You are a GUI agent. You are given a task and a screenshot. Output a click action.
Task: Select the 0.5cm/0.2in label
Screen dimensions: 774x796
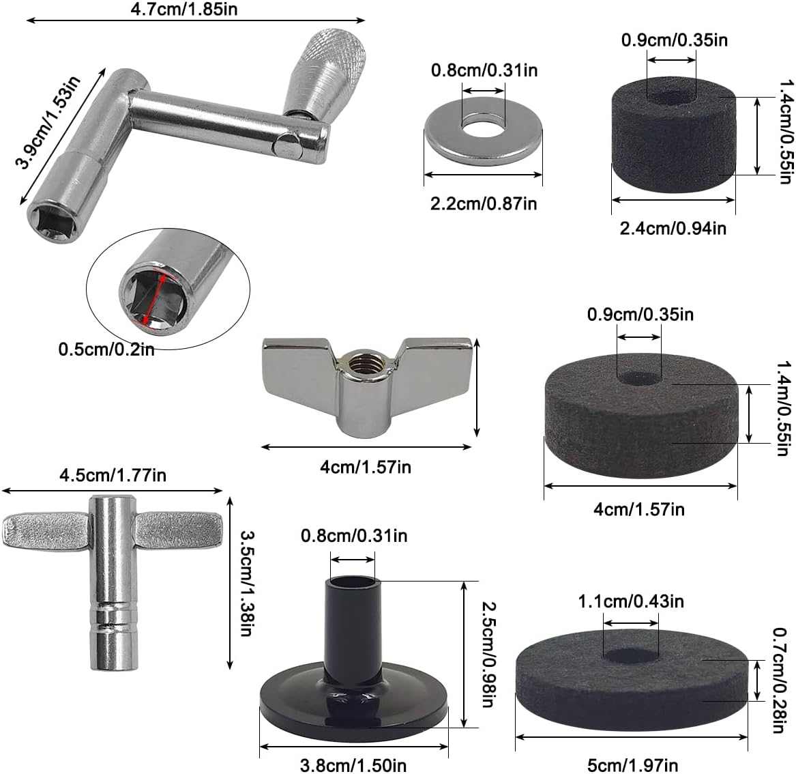click(106, 350)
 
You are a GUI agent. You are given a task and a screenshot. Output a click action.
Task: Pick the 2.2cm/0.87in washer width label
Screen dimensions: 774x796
click(482, 203)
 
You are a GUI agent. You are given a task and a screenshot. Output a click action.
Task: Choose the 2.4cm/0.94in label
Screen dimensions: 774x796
click(673, 228)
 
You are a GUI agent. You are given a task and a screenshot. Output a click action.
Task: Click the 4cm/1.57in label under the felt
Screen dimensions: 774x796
click(639, 509)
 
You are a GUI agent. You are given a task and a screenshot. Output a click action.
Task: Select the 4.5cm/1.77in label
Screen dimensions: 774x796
click(113, 474)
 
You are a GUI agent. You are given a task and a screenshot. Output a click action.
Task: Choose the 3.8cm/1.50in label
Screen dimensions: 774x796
click(354, 765)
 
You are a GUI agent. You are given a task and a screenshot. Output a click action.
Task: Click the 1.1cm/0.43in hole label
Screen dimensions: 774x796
click(631, 601)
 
